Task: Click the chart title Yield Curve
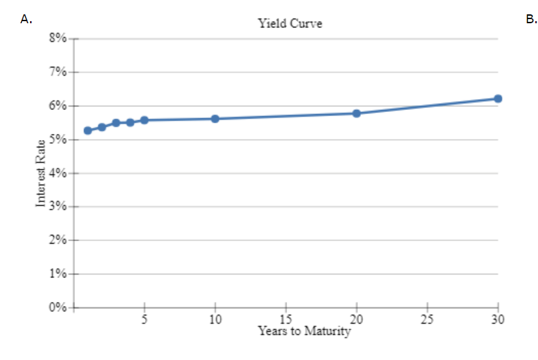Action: pos(290,23)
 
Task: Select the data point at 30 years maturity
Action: pos(498,98)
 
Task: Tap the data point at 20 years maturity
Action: pos(356,113)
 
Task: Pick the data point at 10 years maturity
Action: pos(215,118)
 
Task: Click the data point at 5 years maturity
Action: pos(144,120)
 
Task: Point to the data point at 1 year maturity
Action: pos(88,130)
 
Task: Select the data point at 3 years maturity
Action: pos(116,123)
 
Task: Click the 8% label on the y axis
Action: pos(57,39)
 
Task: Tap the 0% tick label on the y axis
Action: pos(57,308)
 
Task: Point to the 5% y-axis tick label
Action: pos(57,140)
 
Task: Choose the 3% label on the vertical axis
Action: pos(57,207)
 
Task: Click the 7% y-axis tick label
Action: pos(57,72)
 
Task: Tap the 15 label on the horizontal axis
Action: pos(286,320)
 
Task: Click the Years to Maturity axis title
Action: pos(304,331)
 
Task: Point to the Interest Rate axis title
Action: pos(41,173)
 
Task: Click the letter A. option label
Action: pos(27,20)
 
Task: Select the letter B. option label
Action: pos(532,20)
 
